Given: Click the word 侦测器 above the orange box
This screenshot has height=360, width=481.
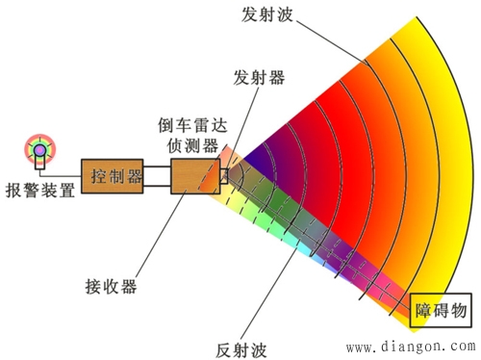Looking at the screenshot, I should coord(198,146).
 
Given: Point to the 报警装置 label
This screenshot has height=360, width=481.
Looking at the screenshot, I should coord(39,190).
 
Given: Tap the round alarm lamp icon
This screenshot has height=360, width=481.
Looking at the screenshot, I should coord(39,149).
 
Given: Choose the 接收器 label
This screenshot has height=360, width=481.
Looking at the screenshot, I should coord(112,286).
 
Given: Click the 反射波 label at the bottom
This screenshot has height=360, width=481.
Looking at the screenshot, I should coord(242,345).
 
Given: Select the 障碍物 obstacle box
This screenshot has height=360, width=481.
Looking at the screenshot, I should coord(441,310).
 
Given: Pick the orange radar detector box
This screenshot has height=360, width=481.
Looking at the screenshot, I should coord(195,177).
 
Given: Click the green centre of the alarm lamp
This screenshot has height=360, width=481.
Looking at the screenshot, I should coord(39,149).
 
